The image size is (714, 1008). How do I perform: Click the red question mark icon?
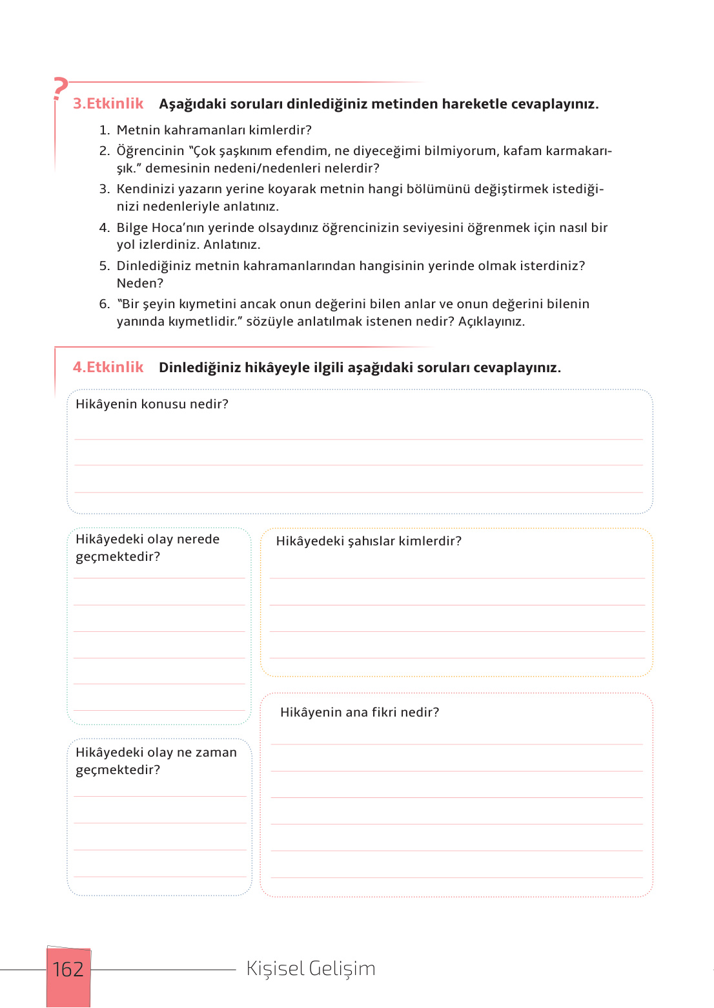coord(61,89)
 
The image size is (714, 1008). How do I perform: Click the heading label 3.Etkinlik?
coord(108,103)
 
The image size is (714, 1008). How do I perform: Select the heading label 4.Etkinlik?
coord(108,367)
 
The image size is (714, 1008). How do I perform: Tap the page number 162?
coord(68,969)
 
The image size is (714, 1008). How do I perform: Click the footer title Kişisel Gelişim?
coord(311,968)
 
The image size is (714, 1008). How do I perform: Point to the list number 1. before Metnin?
coord(105,131)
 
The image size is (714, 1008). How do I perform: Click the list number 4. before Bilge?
coord(105,227)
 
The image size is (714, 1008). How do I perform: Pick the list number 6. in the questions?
coord(105,304)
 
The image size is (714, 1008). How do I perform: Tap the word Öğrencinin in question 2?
coord(150,151)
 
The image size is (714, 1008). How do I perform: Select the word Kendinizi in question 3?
coord(146,189)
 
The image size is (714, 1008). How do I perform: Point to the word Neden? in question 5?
coord(139,283)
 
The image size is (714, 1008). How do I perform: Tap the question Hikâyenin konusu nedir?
coord(152,404)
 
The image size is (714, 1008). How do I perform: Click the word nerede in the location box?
coord(198,539)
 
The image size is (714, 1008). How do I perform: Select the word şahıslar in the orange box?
coord(371,541)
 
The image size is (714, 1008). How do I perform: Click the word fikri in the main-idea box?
coord(384,712)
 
